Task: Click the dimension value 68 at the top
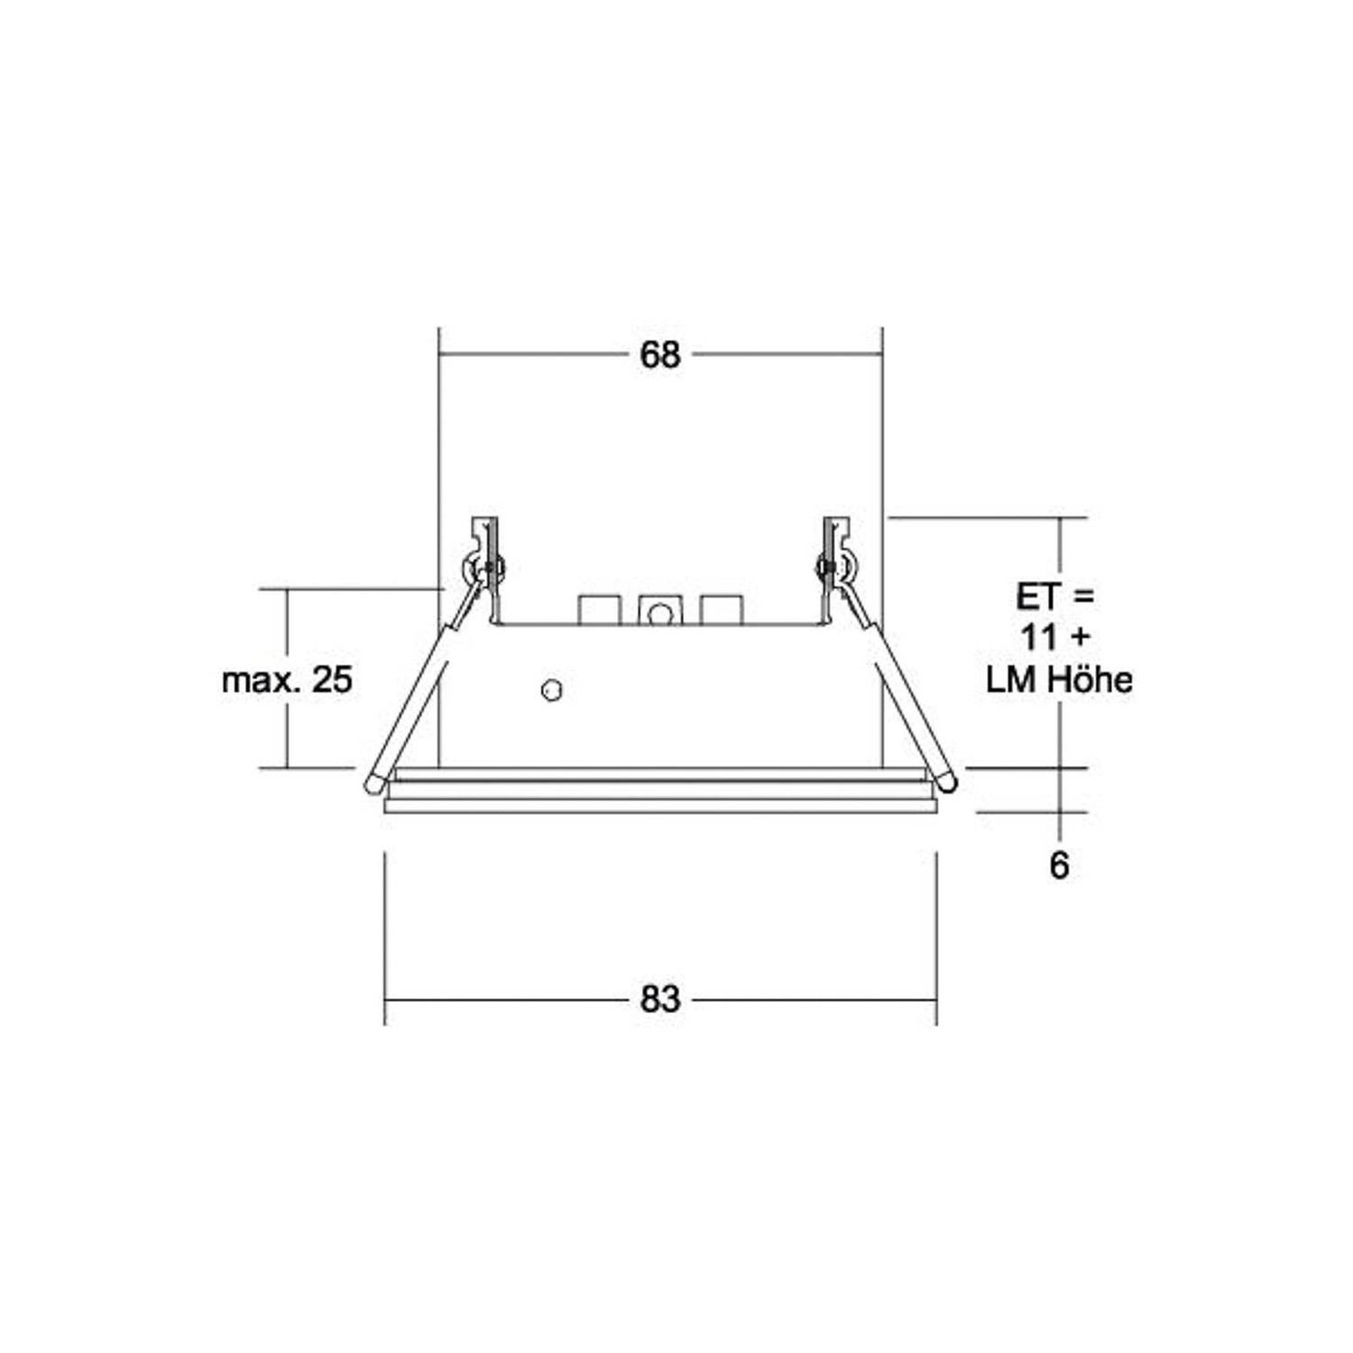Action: (x=659, y=355)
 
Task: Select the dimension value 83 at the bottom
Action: (x=659, y=999)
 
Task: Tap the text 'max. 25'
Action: (x=287, y=679)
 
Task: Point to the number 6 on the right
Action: (x=1059, y=866)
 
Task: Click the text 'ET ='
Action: (x=1054, y=596)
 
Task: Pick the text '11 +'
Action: (x=1054, y=637)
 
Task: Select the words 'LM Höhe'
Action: (x=1059, y=679)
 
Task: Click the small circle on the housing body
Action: (x=552, y=690)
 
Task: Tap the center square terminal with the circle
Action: (x=660, y=612)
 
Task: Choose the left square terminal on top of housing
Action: (x=599, y=610)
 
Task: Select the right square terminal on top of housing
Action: (x=722, y=610)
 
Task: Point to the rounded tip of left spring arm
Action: (x=373, y=784)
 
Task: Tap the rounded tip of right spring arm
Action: (x=945, y=782)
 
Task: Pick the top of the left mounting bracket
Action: (x=484, y=523)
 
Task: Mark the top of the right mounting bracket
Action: (x=836, y=523)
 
